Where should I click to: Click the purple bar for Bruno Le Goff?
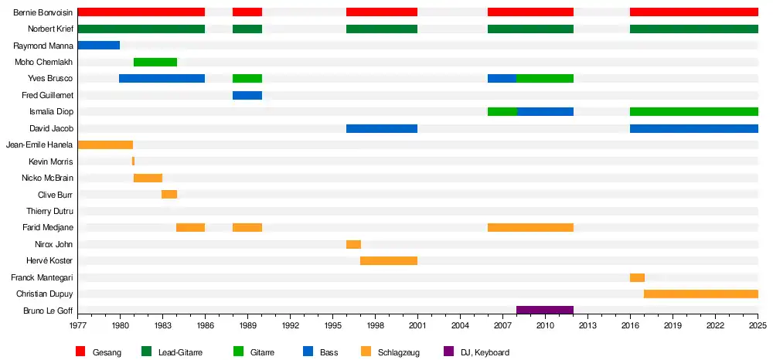tap(545, 311)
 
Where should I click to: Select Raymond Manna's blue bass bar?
tap(98, 46)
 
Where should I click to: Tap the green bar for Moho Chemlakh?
tap(155, 63)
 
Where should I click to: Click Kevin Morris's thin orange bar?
tap(133, 161)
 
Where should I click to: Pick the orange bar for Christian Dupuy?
tap(700, 294)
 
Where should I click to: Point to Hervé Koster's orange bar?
tap(389, 260)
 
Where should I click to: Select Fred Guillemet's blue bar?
tap(247, 95)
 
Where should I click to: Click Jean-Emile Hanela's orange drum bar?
tap(105, 144)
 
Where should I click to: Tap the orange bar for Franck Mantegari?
tap(637, 277)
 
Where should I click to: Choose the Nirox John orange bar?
tap(353, 244)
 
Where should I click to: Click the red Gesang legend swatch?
tap(80, 352)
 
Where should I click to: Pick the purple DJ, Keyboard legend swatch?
tap(448, 352)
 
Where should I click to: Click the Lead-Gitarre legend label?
tap(180, 352)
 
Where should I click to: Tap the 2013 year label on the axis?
tap(587, 325)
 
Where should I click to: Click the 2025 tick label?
tap(758, 325)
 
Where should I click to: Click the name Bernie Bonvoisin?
tap(43, 12)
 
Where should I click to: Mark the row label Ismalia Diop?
tap(51, 112)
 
